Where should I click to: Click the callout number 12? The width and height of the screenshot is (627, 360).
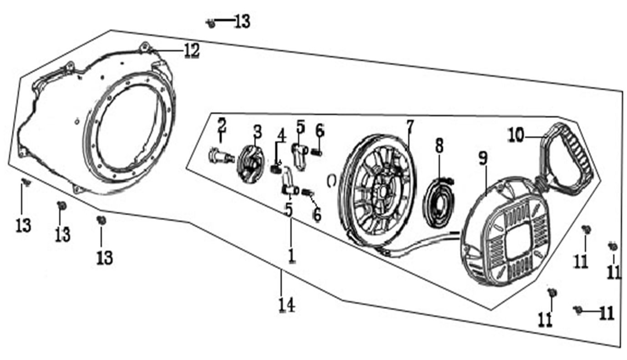(192, 51)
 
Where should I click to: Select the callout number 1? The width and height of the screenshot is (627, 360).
(291, 255)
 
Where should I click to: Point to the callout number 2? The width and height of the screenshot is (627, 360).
(222, 124)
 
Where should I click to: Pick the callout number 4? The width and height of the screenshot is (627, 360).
(281, 135)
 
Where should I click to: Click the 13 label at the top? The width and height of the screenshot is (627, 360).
(242, 21)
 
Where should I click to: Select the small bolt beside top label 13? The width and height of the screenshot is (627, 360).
(211, 23)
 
